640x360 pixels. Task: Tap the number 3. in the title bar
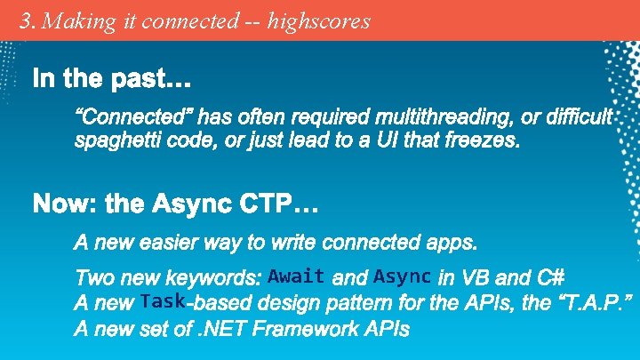[x=28, y=20]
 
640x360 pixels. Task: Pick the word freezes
[x=480, y=141]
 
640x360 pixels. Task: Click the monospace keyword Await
[x=295, y=276]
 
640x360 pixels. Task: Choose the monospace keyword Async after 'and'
[x=403, y=276]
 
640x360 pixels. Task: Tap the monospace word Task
[x=162, y=301]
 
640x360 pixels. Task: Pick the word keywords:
[x=218, y=277]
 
